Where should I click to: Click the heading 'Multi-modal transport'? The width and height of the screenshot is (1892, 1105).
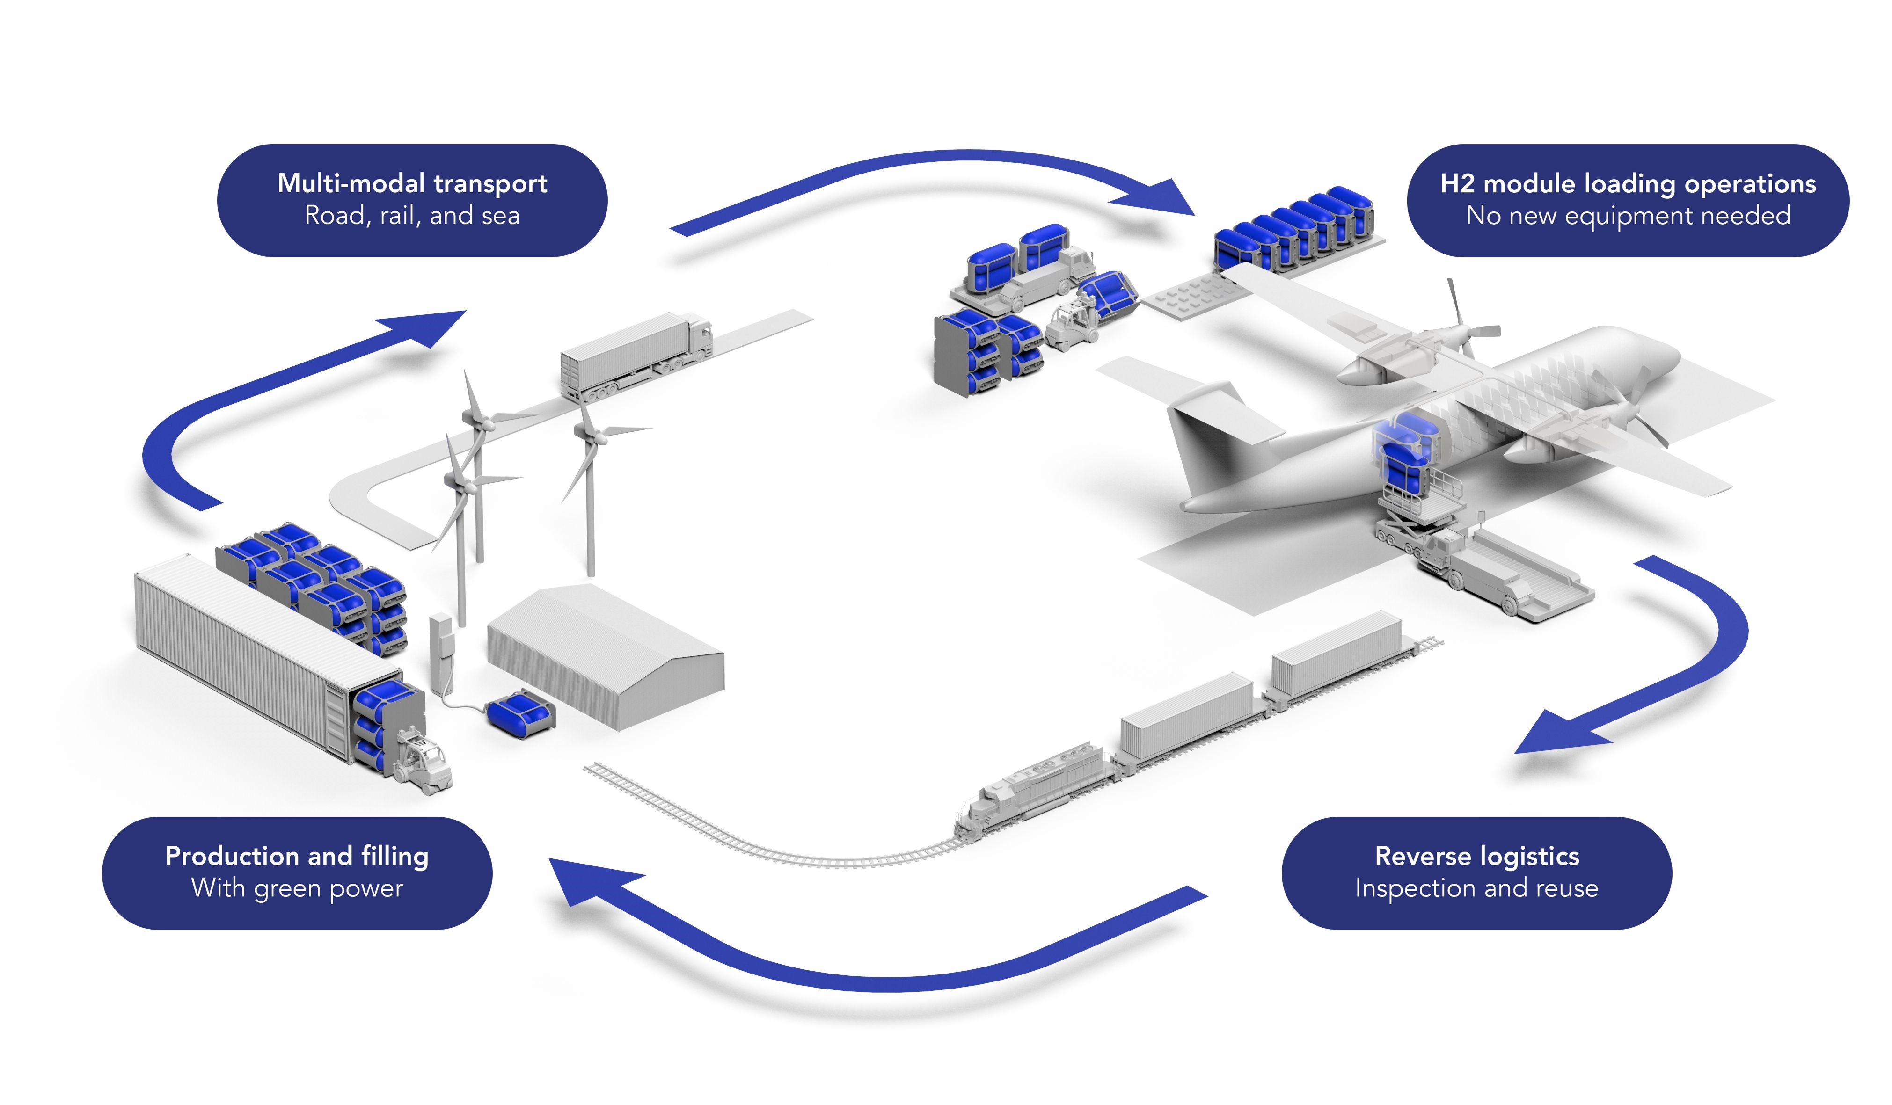coord(412,183)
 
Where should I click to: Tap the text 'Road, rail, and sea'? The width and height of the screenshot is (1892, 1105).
coord(412,216)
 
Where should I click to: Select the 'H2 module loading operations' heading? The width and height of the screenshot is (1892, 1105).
coord(1628,183)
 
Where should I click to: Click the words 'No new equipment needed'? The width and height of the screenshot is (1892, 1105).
coord(1628,216)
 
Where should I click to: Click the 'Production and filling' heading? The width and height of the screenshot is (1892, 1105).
coord(297,856)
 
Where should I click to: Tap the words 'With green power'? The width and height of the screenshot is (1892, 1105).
coord(297,888)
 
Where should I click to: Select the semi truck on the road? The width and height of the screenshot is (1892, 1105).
coord(635,353)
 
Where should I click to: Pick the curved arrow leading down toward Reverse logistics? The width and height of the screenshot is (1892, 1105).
coord(1704,653)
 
